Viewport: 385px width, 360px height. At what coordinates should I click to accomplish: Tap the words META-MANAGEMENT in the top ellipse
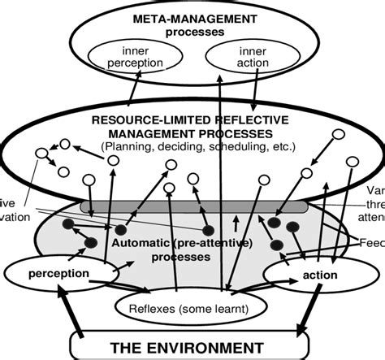pos(184,19)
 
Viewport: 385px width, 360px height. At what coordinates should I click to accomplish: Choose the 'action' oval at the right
pos(314,274)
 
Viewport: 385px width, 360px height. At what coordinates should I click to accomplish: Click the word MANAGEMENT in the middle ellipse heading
pos(143,132)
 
